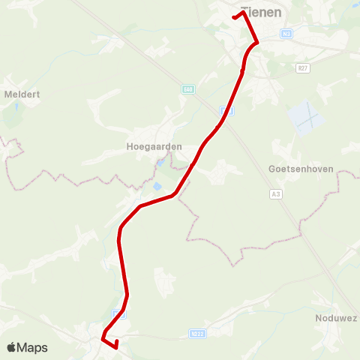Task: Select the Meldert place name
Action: point(22,94)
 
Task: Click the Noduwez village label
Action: point(336,318)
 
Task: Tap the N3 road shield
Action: point(287,34)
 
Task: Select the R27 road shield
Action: point(302,68)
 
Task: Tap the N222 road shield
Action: point(198,334)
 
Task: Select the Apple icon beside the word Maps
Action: point(11,346)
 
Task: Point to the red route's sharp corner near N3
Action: point(256,43)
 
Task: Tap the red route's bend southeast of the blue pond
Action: point(175,195)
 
